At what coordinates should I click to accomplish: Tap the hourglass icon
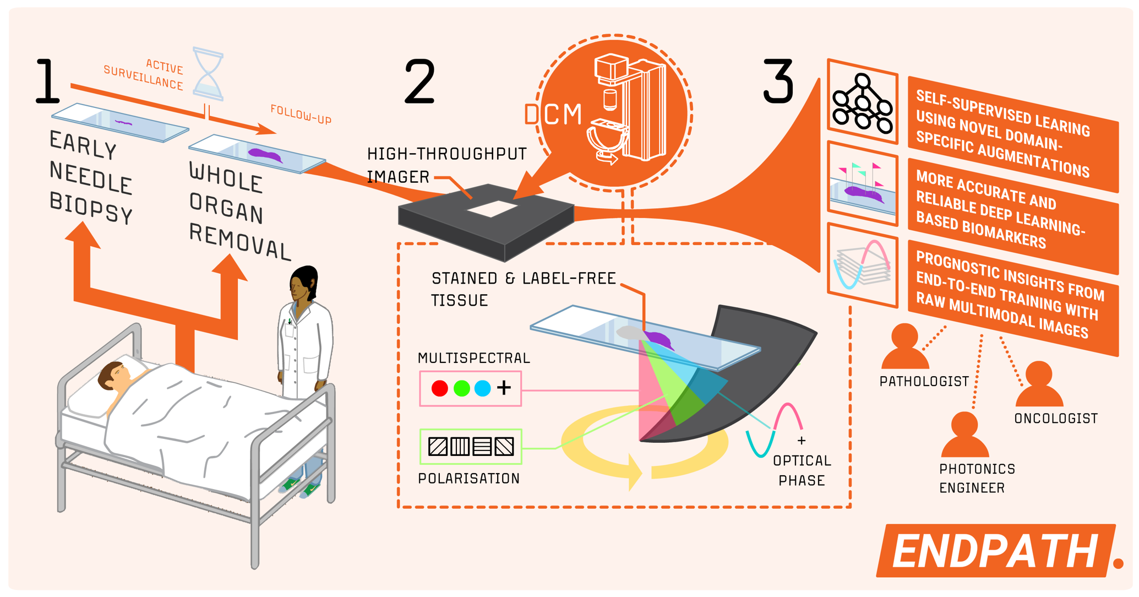tap(208, 75)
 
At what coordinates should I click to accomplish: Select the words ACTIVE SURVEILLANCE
tap(145, 74)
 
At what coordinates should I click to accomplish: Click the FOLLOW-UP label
tap(301, 115)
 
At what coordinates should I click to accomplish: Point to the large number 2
tap(419, 82)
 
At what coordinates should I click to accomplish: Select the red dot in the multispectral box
tap(439, 388)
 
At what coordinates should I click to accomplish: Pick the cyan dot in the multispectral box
tap(482, 388)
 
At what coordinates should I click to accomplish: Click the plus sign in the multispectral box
tap(504, 388)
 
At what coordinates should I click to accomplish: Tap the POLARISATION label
tap(468, 478)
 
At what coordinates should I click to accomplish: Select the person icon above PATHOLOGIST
tap(904, 347)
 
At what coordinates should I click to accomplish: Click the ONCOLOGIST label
tap(1055, 419)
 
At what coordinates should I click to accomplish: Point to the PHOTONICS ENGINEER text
tap(976, 478)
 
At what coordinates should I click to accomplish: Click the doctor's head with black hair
tap(303, 283)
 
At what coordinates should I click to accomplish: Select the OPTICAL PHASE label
tap(802, 470)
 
